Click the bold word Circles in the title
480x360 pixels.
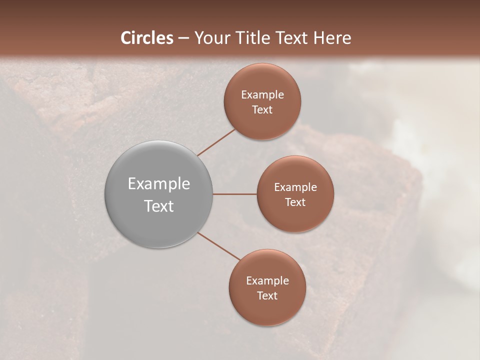pos(146,38)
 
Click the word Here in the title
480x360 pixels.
pos(332,38)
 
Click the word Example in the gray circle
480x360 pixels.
pos(159,184)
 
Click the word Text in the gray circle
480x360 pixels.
pos(159,206)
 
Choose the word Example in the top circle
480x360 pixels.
pos(262,95)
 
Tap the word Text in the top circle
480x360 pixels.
pos(262,110)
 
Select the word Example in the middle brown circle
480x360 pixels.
pos(295,187)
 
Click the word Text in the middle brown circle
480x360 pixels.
pos(295,202)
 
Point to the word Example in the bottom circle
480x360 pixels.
pos(267,281)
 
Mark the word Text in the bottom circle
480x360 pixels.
pos(267,296)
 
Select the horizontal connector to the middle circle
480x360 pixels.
pos(235,194)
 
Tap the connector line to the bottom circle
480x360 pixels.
pos(218,245)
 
